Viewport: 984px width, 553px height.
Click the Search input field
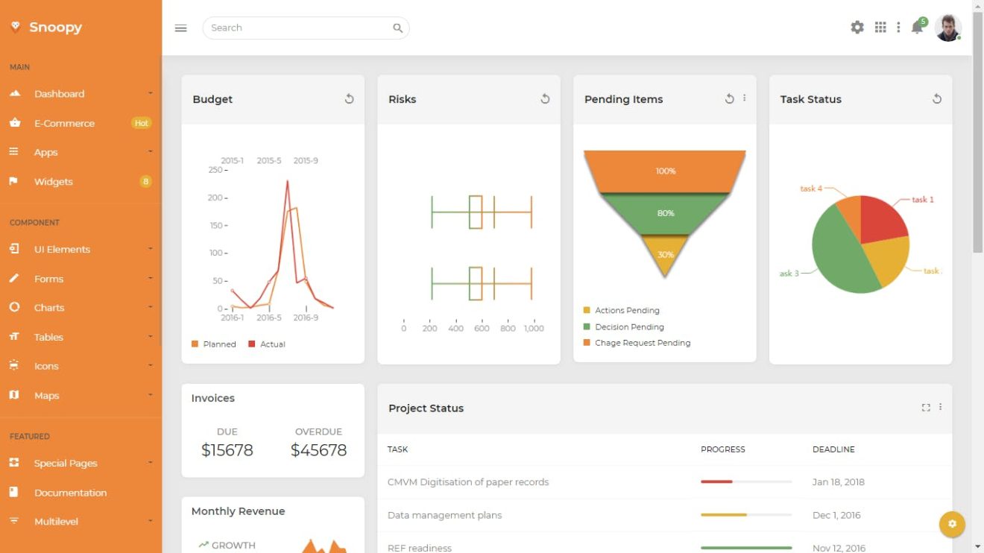(298, 28)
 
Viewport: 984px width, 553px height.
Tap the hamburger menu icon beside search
(180, 28)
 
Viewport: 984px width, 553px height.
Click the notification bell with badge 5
(918, 28)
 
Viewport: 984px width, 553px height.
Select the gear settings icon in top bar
(857, 28)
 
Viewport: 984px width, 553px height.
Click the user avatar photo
(947, 28)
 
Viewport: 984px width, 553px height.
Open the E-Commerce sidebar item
(64, 123)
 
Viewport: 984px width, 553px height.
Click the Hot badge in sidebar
(141, 123)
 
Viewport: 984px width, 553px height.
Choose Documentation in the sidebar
(70, 493)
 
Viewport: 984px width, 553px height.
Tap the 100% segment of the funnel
(665, 171)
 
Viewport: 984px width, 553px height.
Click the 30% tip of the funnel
(665, 255)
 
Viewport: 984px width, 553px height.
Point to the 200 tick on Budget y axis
(216, 197)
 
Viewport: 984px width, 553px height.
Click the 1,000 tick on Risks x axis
(534, 328)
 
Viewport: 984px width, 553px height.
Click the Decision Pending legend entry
(628, 326)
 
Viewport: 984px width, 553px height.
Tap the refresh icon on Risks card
(545, 99)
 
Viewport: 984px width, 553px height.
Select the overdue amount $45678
(318, 450)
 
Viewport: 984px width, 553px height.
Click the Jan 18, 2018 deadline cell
(838, 482)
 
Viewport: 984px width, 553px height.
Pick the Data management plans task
(444, 515)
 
